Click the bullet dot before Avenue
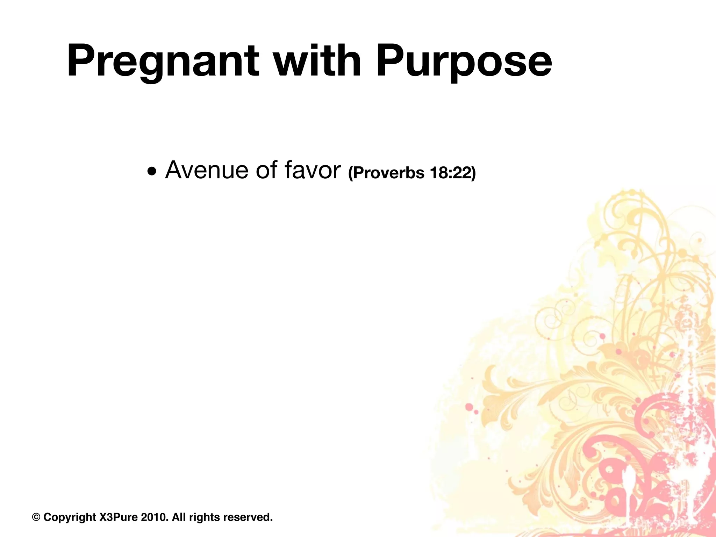(x=152, y=172)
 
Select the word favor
(x=312, y=171)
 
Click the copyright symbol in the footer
(x=36, y=517)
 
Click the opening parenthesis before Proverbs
(x=351, y=173)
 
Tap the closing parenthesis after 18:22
(x=473, y=173)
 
